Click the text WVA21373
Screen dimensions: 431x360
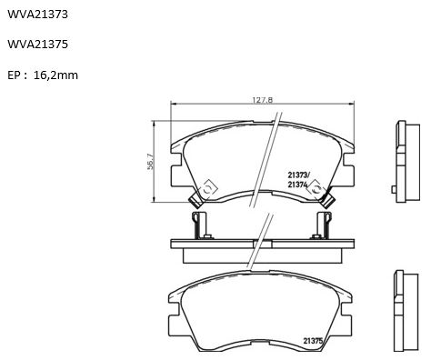[x=37, y=15]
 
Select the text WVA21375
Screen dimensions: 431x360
[x=37, y=45]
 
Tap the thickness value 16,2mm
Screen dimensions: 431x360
[x=55, y=75]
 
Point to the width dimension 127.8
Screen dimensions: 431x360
[x=263, y=100]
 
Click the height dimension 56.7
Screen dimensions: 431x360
[x=151, y=162]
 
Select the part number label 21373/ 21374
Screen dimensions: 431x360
[x=298, y=180]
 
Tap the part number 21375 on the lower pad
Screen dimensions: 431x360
[x=313, y=341]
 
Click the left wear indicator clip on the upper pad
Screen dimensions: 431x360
[x=195, y=201]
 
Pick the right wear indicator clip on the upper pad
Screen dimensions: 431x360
[x=327, y=201]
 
